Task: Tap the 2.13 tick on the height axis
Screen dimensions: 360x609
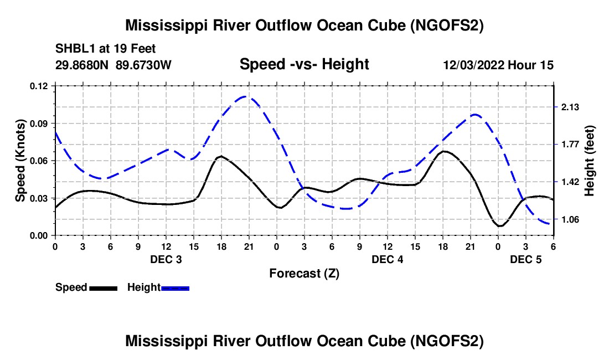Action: coord(570,107)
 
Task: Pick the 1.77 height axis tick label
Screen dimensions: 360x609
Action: coord(570,145)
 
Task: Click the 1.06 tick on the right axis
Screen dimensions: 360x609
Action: coord(570,220)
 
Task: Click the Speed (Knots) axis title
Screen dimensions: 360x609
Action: coord(20,160)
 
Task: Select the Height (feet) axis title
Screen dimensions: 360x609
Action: coord(590,160)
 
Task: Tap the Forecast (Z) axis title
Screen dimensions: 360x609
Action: coord(304,273)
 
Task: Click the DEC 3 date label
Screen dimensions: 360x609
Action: coord(166,259)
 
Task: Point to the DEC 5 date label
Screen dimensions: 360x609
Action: coord(525,259)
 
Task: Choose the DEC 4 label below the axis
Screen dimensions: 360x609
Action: coord(387,259)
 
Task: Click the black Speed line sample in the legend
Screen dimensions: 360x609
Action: coord(103,287)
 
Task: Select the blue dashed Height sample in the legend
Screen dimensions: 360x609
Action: coord(175,287)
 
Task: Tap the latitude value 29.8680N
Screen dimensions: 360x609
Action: coord(82,65)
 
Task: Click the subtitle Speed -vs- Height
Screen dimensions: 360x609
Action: coord(304,64)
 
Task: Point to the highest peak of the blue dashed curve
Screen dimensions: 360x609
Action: coord(246,97)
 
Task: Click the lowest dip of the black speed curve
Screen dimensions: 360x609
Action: coord(500,226)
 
